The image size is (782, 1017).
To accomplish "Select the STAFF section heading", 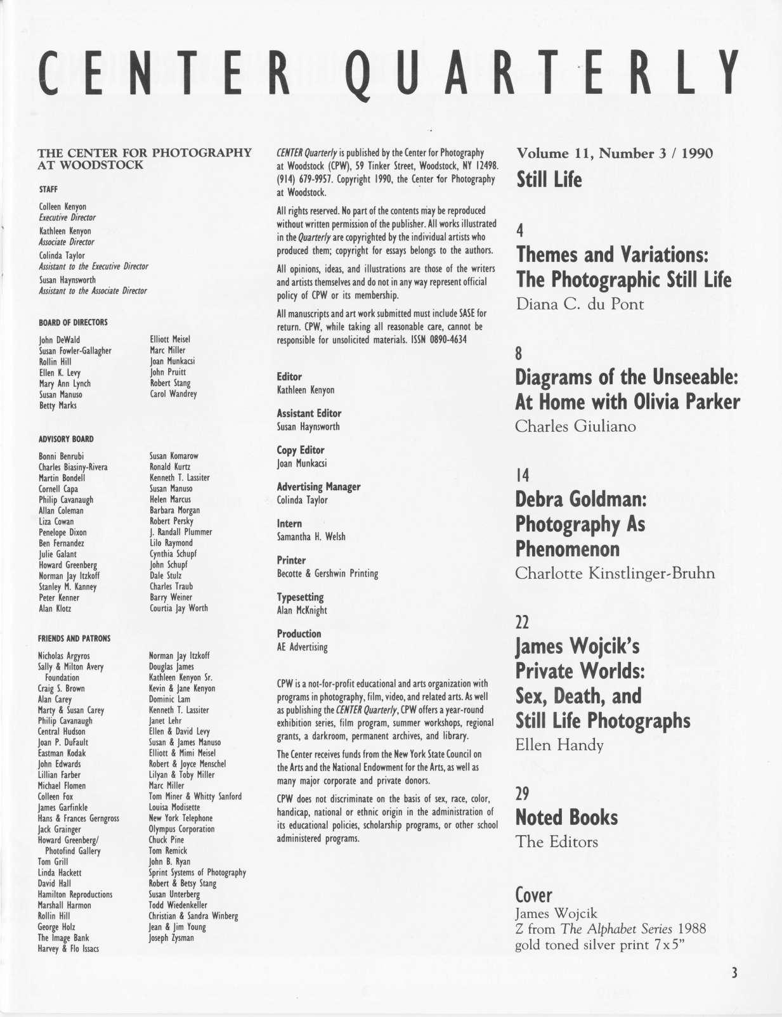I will tap(48, 189).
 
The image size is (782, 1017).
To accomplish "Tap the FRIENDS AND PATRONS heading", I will tap(74, 638).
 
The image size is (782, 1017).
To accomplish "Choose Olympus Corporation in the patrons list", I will tap(181, 829).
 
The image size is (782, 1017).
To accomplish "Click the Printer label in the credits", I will tap(291, 560).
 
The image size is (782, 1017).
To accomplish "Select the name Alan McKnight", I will tap(302, 611).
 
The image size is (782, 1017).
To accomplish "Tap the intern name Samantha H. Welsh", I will tap(311, 537).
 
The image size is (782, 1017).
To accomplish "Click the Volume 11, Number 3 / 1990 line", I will tap(615, 153).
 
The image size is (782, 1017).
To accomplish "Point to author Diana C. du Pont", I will tap(580, 304).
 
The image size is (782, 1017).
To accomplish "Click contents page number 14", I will tap(522, 475).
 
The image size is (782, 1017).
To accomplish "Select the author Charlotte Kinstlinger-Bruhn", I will tap(615, 574).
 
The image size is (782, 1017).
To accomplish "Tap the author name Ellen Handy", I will tap(559, 745).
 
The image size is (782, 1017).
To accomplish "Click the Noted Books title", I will tap(566, 817).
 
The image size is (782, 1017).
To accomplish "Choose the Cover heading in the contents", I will tap(533, 895).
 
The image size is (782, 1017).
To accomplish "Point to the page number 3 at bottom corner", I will tap(734, 973).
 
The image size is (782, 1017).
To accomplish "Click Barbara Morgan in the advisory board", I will tap(174, 510).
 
